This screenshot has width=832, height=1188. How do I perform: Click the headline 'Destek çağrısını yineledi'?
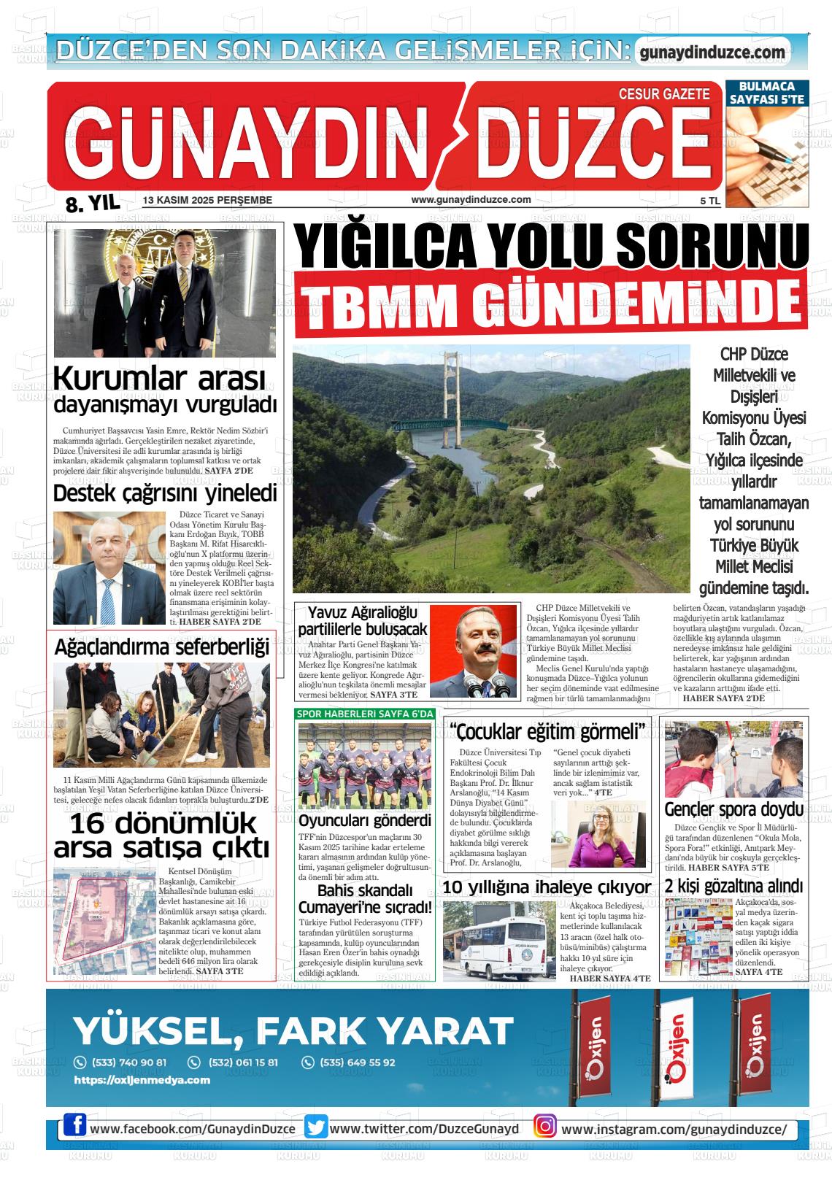point(165,494)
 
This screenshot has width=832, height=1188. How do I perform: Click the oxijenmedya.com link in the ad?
point(142,1080)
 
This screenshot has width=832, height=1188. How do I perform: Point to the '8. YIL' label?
point(93,204)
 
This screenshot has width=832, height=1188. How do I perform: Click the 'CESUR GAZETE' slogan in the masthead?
point(663,94)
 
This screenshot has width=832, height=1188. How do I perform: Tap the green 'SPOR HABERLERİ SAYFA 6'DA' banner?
point(365,713)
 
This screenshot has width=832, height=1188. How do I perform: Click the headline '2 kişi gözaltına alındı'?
point(733,887)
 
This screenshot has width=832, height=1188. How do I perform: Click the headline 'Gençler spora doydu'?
point(733,809)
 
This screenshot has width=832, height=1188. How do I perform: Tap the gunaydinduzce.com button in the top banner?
point(712,53)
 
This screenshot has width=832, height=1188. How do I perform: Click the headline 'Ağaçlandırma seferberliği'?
point(162,647)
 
